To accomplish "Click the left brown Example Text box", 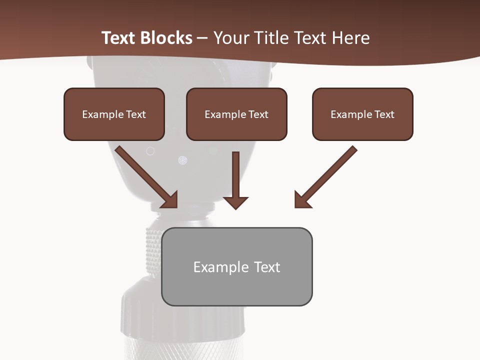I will (114, 114).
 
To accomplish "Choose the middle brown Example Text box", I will (236, 114).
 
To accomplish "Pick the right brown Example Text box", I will (362, 114).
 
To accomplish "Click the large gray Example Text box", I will (236, 266).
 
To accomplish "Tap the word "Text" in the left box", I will (136, 114).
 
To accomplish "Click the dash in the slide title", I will (202, 38).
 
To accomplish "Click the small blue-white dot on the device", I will (182, 160).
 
